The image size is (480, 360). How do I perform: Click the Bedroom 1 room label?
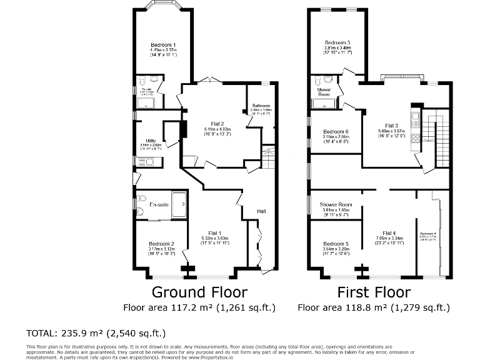click(x=162, y=45)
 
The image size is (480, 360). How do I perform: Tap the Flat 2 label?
click(x=214, y=124)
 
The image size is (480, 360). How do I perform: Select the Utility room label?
click(x=150, y=141)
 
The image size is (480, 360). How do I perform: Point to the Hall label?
click(x=261, y=211)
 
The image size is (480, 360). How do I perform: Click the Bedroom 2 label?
click(x=161, y=244)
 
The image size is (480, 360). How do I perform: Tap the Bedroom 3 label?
click(x=337, y=42)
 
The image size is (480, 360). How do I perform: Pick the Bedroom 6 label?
click(x=336, y=132)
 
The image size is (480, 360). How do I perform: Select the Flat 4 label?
click(x=389, y=232)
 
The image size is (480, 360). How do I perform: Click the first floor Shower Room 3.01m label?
click(x=336, y=204)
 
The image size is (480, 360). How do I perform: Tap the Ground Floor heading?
click(x=199, y=292)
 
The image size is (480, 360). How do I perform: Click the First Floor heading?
click(x=374, y=292)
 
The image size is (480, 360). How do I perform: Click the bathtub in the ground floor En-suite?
click(x=179, y=204)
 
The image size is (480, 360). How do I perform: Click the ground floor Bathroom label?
click(x=261, y=106)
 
